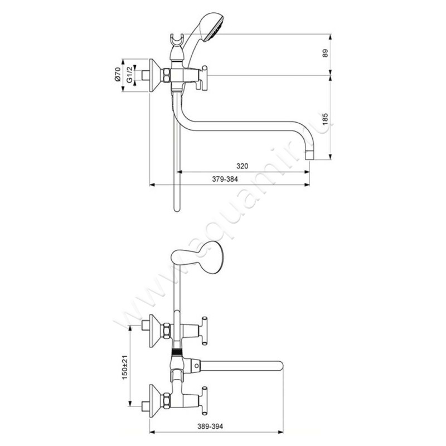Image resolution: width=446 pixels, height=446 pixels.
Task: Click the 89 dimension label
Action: pyautogui.click(x=326, y=53)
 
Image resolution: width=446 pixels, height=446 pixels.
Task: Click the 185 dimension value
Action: pyautogui.click(x=326, y=119)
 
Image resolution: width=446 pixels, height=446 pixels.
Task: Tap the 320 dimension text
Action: pyautogui.click(x=242, y=166)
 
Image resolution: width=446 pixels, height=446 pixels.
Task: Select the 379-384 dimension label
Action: pyautogui.click(x=225, y=179)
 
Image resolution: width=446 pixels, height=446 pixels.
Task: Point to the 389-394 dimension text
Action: pyautogui.click(x=211, y=426)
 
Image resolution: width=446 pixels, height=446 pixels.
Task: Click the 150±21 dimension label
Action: pyautogui.click(x=124, y=367)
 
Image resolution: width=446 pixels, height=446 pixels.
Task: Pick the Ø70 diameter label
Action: pyautogui.click(x=118, y=75)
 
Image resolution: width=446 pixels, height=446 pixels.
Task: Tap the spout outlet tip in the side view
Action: pyautogui.click(x=310, y=156)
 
